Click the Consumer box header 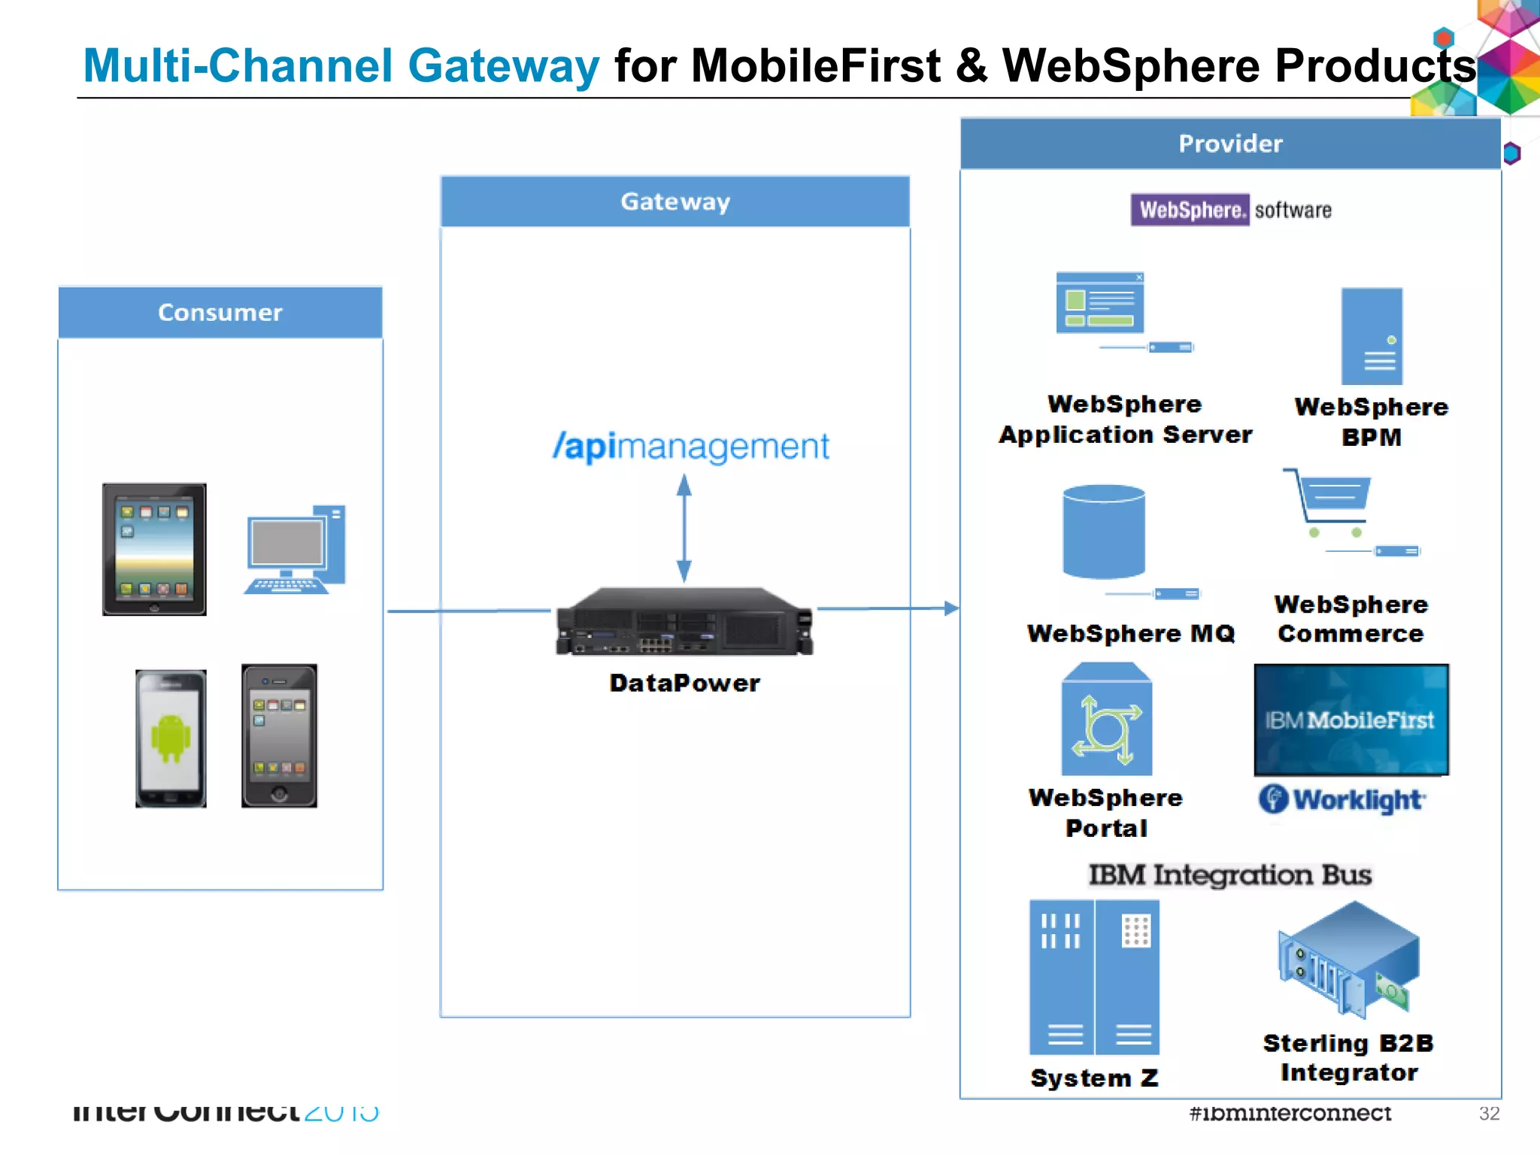click(220, 312)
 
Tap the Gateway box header click(675, 202)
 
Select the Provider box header click(1230, 144)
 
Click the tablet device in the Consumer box click(154, 550)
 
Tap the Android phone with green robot click(171, 738)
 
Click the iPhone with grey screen click(279, 735)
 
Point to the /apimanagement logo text click(691, 447)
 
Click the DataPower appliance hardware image click(684, 621)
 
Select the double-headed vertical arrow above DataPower click(684, 528)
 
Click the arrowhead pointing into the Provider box click(951, 608)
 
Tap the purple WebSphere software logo click(1190, 210)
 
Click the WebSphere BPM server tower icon click(1372, 336)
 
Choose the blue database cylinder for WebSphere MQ click(1104, 532)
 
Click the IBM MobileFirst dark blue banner click(1351, 720)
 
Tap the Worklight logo click(1342, 799)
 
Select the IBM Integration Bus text click(1230, 875)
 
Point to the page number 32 click(1489, 1114)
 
